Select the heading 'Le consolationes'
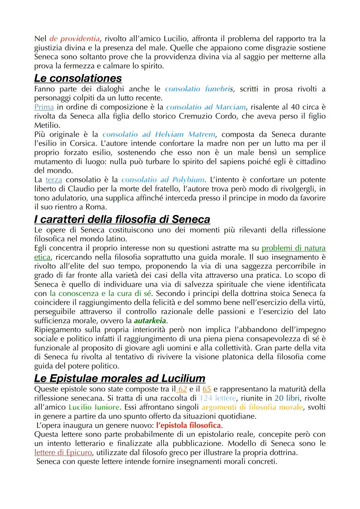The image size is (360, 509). tap(78, 78)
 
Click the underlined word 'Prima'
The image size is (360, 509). tap(44, 107)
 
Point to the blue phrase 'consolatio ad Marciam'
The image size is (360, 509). tap(206, 107)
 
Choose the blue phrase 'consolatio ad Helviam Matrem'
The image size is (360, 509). tap(159, 135)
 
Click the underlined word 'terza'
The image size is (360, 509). tap(54, 180)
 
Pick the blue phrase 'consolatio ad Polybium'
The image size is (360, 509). tap(163, 180)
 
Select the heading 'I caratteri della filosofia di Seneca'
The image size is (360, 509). tap(122, 219)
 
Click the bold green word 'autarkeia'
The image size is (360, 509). tap(150, 321)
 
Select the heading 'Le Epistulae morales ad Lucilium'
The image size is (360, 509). tap(120, 378)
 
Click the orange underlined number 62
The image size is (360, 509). tap(182, 389)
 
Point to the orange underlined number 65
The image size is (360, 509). tap(207, 389)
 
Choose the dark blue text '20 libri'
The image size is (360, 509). tap(287, 398)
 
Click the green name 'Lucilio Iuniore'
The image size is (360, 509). tap(94, 407)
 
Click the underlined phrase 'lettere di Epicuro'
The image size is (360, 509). tap(63, 453)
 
